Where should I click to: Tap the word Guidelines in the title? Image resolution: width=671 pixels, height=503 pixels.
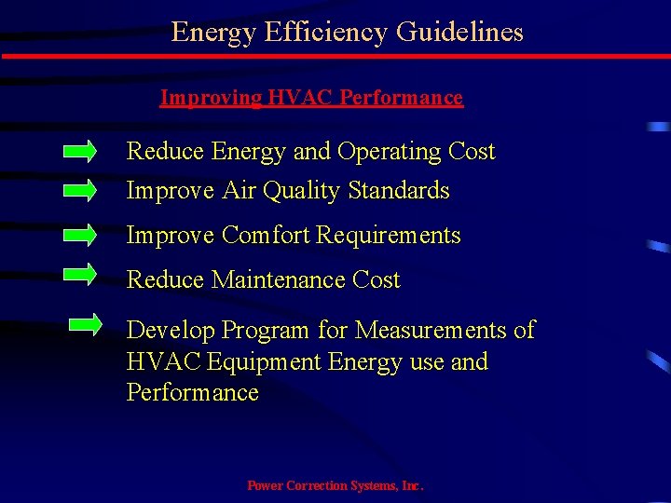(459, 33)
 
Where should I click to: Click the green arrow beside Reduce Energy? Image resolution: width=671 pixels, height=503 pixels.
(79, 151)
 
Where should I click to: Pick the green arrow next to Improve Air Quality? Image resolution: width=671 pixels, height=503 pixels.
(79, 190)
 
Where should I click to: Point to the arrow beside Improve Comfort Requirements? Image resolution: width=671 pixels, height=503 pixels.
(79, 235)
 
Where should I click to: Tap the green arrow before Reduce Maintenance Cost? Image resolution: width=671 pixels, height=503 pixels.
(79, 274)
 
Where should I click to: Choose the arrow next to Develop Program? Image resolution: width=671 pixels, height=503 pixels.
(87, 324)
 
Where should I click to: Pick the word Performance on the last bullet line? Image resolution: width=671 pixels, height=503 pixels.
(192, 393)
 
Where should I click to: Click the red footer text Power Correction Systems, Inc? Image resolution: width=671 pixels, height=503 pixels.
(335, 486)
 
